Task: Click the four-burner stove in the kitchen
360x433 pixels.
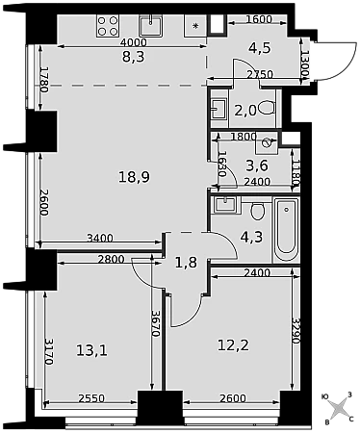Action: coord(108,26)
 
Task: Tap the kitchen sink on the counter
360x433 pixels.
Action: coord(150,26)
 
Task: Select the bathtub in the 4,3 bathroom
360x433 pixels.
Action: coord(286,230)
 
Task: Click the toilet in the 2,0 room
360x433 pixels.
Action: coord(267,108)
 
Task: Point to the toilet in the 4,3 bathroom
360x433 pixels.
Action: coord(257,211)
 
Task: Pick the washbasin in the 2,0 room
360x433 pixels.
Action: coord(219,109)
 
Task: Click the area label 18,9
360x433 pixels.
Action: coord(134,177)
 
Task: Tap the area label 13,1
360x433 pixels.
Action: coord(91,350)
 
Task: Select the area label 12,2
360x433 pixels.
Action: coord(233,345)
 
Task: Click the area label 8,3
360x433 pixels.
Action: coord(134,57)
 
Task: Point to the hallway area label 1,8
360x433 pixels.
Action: coord(186,263)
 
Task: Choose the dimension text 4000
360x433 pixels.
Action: coord(133,42)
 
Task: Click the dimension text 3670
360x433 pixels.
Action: coord(156,323)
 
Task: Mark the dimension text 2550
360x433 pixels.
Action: coord(91,398)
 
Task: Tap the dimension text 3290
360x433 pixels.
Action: coord(296,331)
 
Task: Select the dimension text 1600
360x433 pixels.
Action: coord(259,19)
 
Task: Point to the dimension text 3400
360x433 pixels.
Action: coord(100,238)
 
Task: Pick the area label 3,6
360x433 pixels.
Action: coord(257,166)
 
